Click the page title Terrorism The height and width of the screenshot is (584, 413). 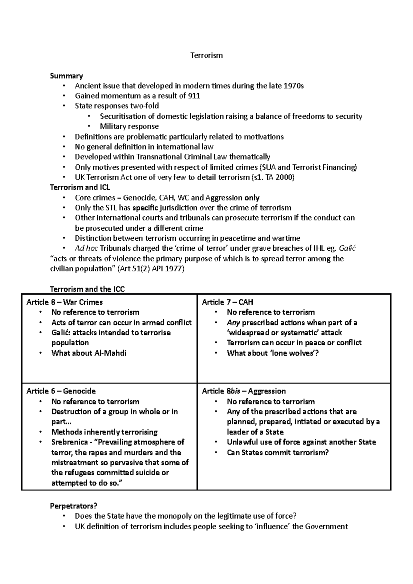[x=206, y=55]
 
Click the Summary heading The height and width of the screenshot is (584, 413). [x=66, y=76]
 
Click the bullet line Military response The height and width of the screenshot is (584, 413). [x=129, y=127]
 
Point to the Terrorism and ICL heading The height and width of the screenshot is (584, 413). [x=80, y=187]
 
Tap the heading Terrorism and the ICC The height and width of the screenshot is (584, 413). [x=87, y=289]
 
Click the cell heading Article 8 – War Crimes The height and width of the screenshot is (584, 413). [x=65, y=302]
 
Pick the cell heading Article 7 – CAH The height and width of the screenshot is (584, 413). [x=227, y=302]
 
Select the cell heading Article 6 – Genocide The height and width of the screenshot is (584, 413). [x=61, y=391]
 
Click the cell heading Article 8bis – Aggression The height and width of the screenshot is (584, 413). [x=244, y=391]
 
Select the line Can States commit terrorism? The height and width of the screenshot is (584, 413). [x=278, y=453]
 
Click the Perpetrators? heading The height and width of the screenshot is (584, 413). [x=74, y=506]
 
